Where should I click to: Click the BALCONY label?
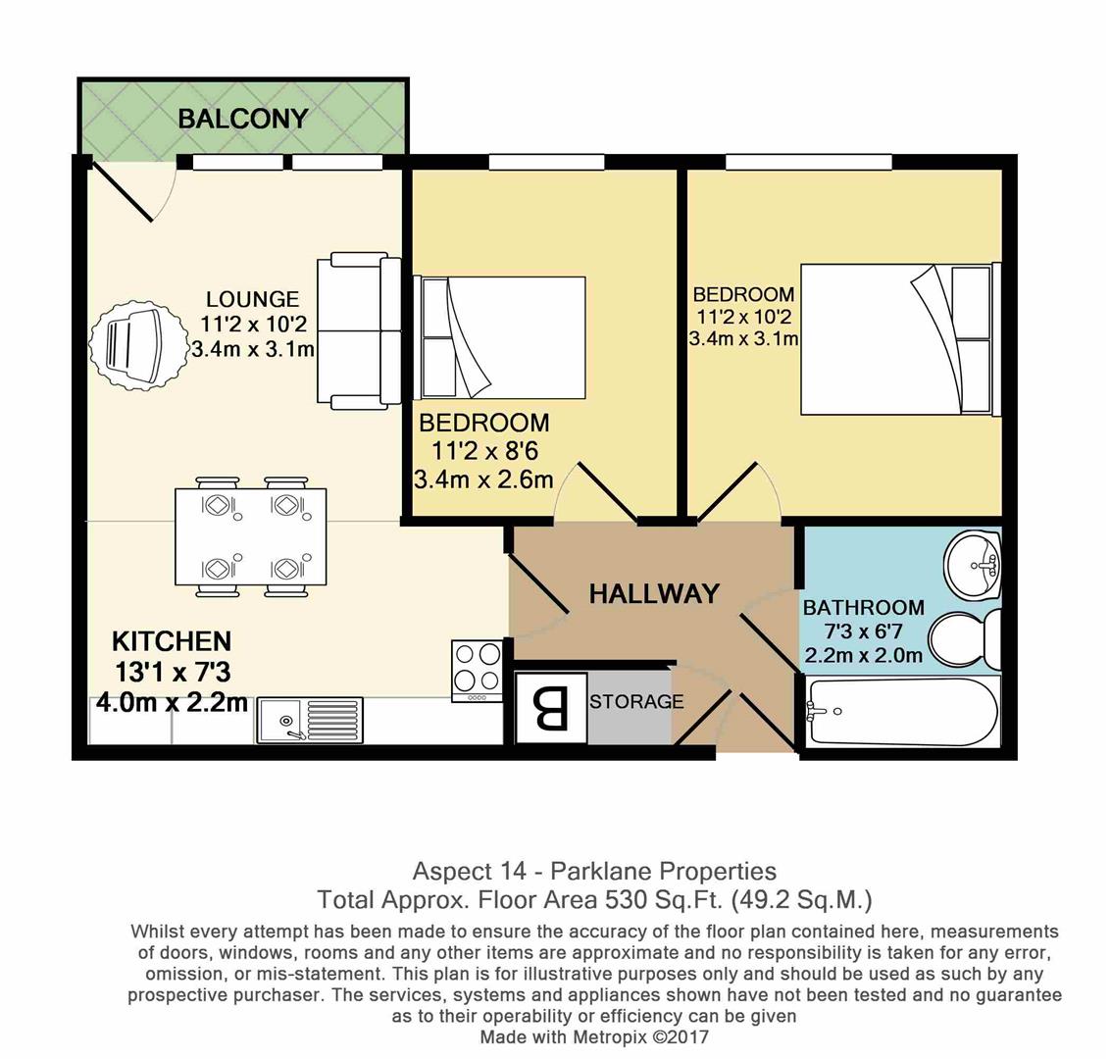[242, 119]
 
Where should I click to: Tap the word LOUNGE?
[252, 299]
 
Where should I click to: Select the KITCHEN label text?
[172, 641]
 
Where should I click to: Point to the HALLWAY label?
[654, 593]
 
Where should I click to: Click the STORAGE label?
[636, 702]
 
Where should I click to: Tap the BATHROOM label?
[863, 608]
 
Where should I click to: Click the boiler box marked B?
[551, 708]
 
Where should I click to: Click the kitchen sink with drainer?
[309, 720]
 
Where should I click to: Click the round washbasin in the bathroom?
[973, 564]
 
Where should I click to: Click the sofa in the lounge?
[359, 330]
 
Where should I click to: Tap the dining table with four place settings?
[251, 536]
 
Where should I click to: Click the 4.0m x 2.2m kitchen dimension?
[172, 702]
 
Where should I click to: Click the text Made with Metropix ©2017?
[593, 1036]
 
